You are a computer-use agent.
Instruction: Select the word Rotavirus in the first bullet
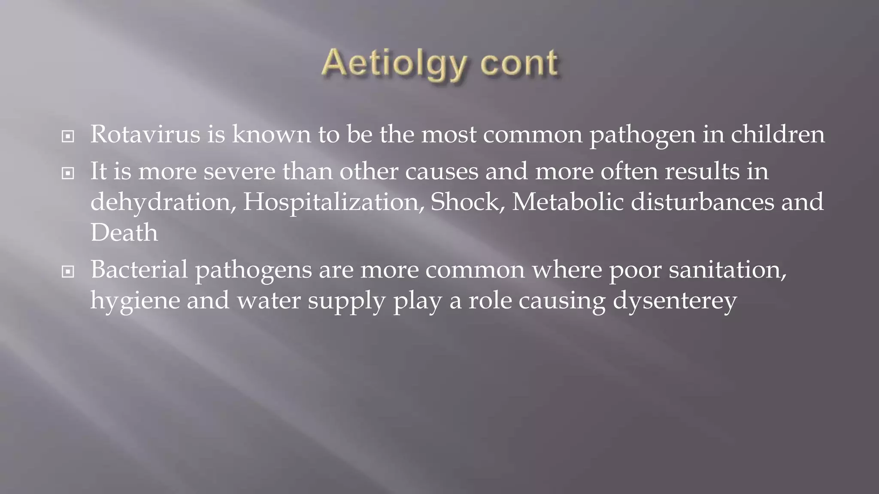(x=145, y=134)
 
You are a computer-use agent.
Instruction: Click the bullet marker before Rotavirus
(x=68, y=137)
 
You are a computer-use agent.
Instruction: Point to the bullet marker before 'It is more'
(x=68, y=174)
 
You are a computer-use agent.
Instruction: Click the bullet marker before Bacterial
(x=68, y=271)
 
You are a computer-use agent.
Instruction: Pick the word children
(x=777, y=134)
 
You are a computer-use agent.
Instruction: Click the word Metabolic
(x=567, y=202)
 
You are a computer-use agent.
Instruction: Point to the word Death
(x=124, y=233)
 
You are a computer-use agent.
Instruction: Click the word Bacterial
(x=139, y=270)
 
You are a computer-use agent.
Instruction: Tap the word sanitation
(x=727, y=270)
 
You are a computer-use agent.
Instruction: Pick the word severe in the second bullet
(x=239, y=172)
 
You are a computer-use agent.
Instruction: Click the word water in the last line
(x=269, y=300)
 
